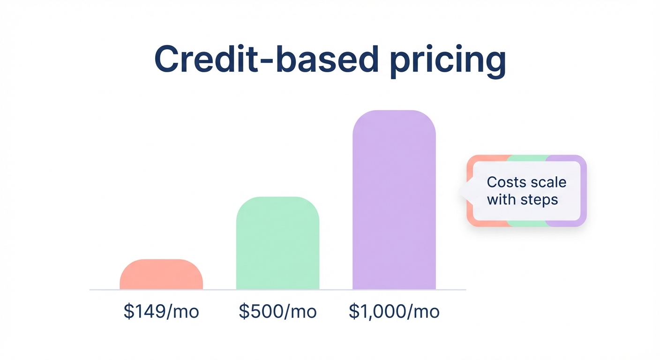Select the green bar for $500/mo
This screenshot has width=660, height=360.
click(277, 243)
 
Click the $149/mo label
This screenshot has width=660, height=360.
click(161, 312)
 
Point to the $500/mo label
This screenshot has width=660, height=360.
click(277, 312)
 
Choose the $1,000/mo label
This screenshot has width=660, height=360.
click(394, 312)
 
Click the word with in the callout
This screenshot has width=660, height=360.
click(501, 200)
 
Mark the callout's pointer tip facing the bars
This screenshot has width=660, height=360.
click(460, 191)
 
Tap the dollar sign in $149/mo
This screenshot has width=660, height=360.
click(128, 312)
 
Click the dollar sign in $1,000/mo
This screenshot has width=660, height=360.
click(353, 312)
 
